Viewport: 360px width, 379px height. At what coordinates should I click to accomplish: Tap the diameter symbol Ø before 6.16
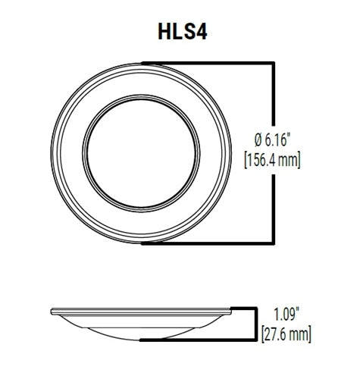click(258, 140)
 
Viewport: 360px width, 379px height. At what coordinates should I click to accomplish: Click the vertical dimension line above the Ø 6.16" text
click(272, 95)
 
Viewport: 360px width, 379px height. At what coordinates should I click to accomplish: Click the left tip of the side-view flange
click(52, 311)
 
